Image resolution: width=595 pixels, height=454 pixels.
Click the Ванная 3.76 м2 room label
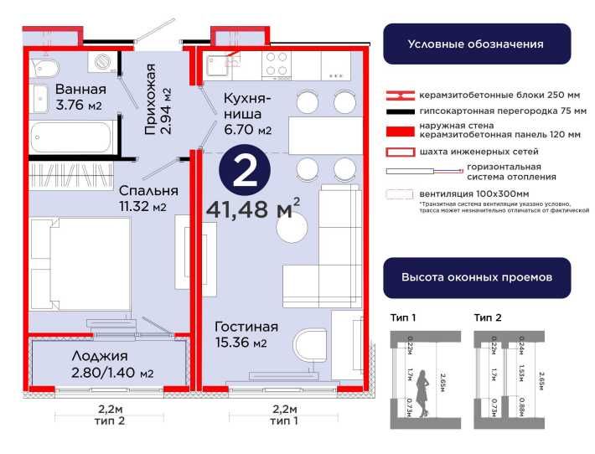pyautogui.click(x=80, y=97)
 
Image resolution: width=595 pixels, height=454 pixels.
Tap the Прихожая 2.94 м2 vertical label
pyautogui.click(x=157, y=99)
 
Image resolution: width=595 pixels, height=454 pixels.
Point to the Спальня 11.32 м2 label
pyautogui.click(x=142, y=198)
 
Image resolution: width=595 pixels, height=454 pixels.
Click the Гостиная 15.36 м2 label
pyautogui.click(x=246, y=334)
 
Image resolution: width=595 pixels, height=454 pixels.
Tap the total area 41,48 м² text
pyautogui.click(x=252, y=209)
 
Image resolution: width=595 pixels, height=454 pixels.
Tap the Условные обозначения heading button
pyautogui.click(x=476, y=44)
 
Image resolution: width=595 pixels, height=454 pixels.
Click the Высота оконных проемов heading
pyautogui.click(x=476, y=276)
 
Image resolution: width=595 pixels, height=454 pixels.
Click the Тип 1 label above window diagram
pyautogui.click(x=403, y=317)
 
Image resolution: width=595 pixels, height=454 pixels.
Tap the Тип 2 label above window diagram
pyautogui.click(x=487, y=317)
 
